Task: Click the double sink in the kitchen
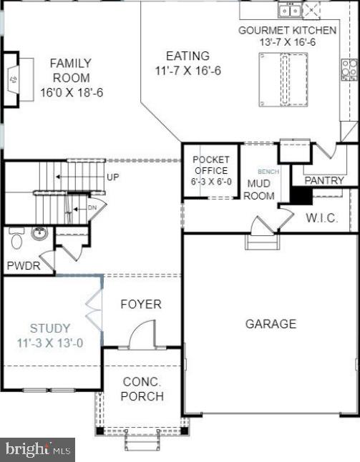289,9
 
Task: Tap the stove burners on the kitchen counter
349,69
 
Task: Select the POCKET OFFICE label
211,170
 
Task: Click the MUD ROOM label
260,190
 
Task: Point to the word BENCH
268,172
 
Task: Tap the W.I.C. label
322,217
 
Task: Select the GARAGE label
271,324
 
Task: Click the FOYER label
140,304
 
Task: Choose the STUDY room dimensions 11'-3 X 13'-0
50,343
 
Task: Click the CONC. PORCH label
142,389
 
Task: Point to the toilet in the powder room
16,235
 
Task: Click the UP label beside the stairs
113,177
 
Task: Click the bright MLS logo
38,449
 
